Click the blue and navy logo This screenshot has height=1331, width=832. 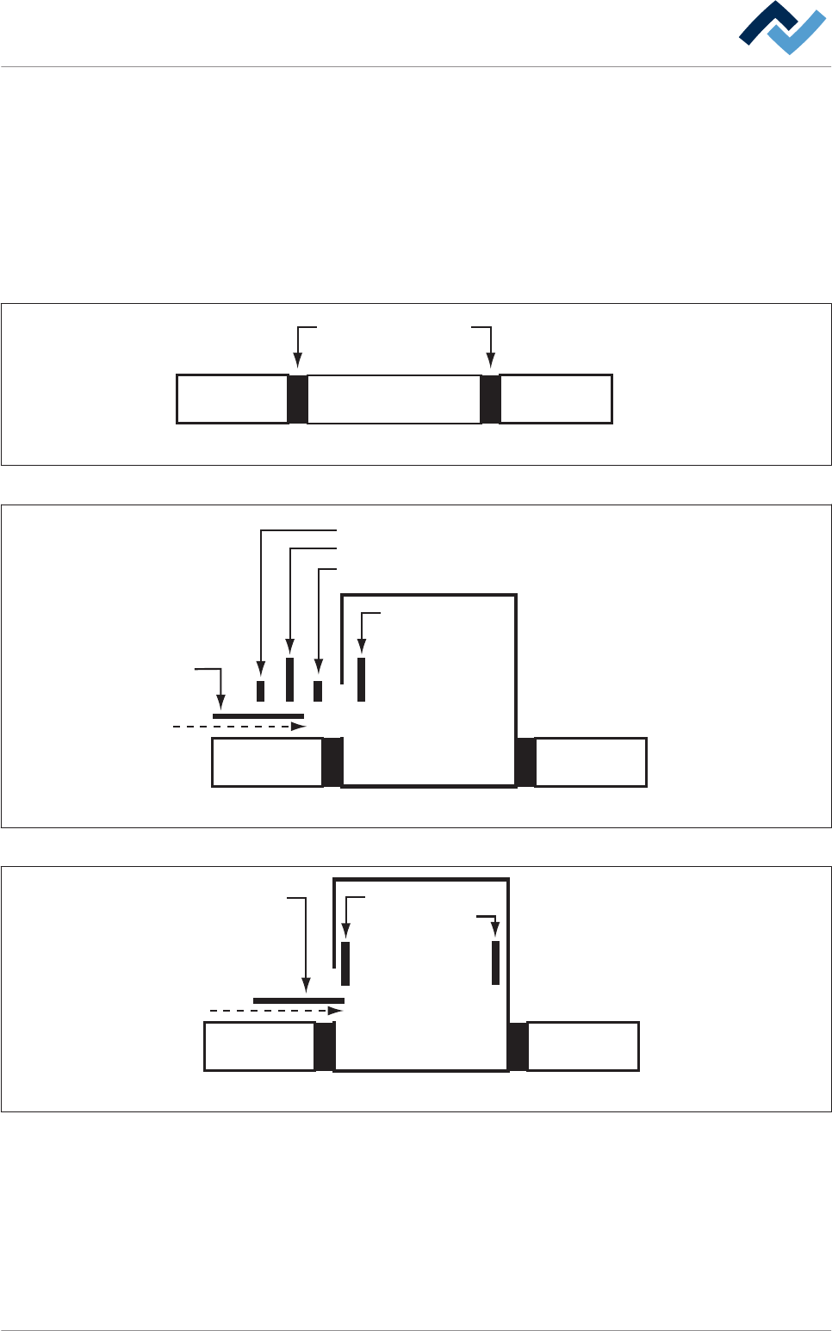click(782, 28)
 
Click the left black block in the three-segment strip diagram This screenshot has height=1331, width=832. click(297, 399)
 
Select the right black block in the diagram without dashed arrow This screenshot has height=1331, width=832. click(490, 399)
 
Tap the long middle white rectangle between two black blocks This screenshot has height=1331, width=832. click(394, 399)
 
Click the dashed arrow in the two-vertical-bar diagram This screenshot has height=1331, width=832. click(276, 1011)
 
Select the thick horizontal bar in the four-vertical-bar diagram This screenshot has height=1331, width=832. click(258, 715)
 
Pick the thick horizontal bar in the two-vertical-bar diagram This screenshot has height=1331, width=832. click(298, 1000)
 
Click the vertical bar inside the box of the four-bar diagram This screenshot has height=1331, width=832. click(362, 679)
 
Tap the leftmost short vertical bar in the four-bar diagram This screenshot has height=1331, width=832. click(260, 690)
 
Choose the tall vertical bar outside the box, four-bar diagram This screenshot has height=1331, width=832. click(289, 679)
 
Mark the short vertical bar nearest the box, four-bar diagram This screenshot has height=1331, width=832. click(318, 690)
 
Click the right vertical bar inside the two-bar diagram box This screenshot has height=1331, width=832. click(495, 963)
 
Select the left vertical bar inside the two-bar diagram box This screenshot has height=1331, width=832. click(345, 963)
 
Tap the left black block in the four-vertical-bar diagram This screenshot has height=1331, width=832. click(332, 762)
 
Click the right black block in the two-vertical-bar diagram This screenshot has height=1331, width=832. click(518, 1046)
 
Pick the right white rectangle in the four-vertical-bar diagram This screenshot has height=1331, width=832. click(591, 762)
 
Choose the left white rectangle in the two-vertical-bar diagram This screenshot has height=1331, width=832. click(259, 1046)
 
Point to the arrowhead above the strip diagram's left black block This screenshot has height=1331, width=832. click(297, 362)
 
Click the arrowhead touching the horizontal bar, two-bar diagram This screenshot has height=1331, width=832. click(306, 987)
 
